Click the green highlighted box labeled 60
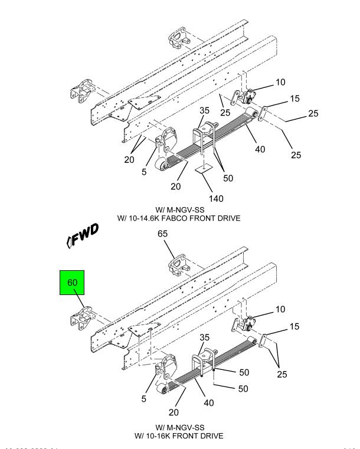pos(72,283)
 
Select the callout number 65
pos(162,234)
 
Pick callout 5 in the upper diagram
pos(143,172)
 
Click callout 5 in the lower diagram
pos(143,399)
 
